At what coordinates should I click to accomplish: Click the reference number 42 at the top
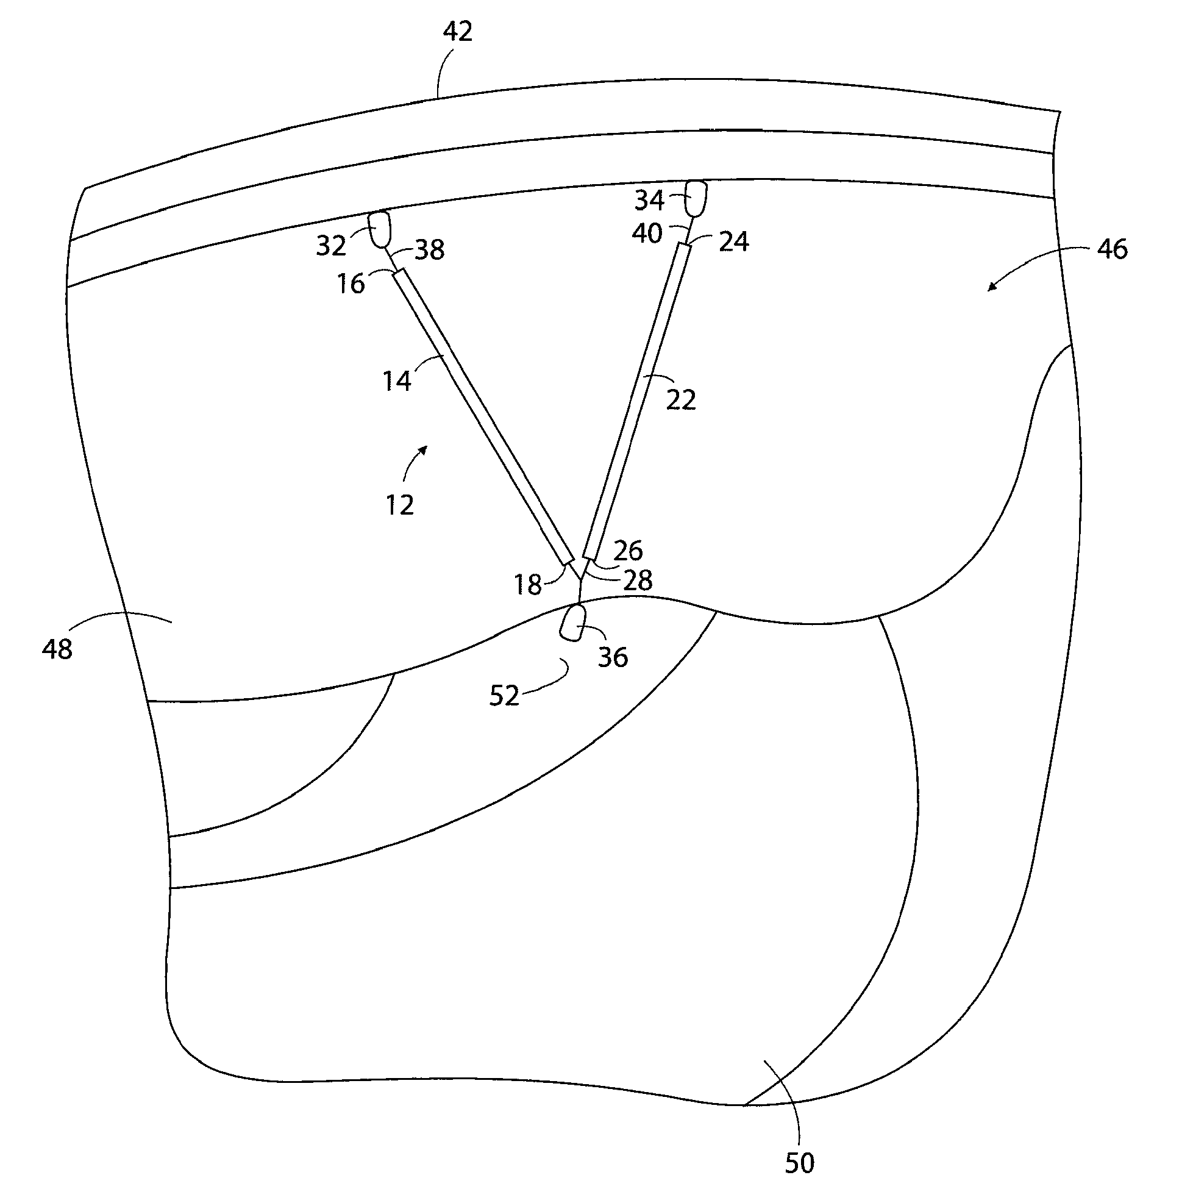[458, 32]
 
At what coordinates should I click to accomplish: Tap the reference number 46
[1112, 249]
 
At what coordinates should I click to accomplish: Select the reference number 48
[57, 649]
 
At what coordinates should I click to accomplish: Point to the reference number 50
[799, 1163]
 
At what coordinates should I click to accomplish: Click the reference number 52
[504, 696]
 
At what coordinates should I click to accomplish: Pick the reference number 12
[399, 506]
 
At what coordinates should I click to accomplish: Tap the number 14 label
[396, 381]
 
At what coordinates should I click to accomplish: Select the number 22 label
[681, 400]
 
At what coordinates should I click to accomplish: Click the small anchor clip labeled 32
[380, 229]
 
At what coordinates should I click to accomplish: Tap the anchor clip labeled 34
[696, 197]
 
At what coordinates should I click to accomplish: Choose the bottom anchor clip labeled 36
[574, 623]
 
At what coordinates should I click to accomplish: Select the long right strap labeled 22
[636, 401]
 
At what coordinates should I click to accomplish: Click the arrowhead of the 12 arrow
[424, 449]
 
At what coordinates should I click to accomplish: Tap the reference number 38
[430, 250]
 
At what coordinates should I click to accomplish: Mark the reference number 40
[647, 234]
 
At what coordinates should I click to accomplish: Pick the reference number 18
[528, 584]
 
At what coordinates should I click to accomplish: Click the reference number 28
[638, 580]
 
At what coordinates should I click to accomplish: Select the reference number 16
[351, 284]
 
